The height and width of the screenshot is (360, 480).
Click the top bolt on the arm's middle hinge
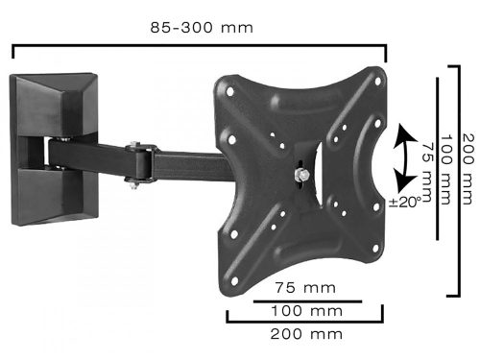(x=145, y=146)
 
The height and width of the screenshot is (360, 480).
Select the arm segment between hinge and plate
(x=192, y=163)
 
